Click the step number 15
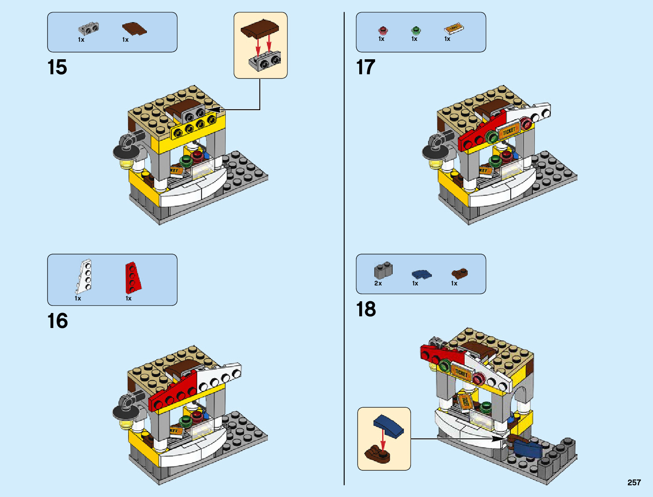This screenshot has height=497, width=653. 57,67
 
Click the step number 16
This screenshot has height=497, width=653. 57,321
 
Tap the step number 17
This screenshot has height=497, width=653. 366,67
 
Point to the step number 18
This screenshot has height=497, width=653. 366,309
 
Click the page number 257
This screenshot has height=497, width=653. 634,482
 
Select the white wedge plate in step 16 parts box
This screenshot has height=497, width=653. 84,276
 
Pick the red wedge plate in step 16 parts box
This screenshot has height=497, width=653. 133,278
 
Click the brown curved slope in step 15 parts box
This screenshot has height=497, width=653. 134,29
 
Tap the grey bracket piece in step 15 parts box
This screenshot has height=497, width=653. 89,28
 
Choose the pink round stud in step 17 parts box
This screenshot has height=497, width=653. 383,30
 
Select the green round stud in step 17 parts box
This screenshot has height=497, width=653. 416,30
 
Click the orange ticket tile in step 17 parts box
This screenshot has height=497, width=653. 454,28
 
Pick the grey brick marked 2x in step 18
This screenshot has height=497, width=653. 383,271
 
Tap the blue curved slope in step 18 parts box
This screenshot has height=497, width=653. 421,274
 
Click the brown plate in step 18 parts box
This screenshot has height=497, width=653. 459,274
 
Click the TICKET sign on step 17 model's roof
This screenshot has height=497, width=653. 509,131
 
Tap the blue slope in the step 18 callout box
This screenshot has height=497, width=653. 389,426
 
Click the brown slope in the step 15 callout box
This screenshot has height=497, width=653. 260,29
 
